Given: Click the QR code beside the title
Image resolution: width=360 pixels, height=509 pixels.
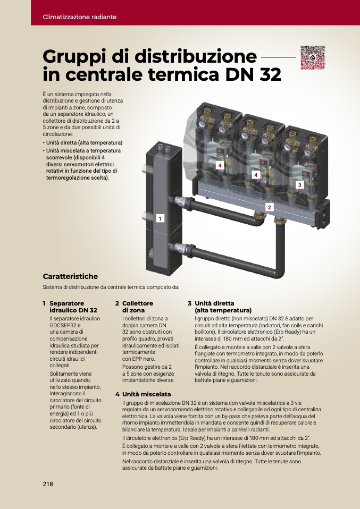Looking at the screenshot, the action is coord(313,57).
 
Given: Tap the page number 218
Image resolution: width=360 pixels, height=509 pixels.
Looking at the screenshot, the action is coord(48,484).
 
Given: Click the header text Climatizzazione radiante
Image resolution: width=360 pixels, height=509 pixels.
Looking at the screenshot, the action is coord(80,17).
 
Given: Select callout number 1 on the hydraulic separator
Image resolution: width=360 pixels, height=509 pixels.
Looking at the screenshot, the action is coord(160,218).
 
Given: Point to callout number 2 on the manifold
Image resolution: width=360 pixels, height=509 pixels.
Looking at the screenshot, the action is coord(269,207).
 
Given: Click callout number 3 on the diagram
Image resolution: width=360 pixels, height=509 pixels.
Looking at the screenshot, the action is coord(299,185).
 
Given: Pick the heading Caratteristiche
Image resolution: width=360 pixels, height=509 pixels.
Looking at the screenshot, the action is coord(70,276).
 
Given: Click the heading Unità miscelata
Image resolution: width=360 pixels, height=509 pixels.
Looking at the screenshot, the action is coord(147,394).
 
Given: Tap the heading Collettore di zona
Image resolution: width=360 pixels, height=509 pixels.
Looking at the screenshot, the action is coord(138,307).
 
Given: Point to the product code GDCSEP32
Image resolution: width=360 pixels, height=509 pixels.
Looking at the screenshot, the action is coord(65,325).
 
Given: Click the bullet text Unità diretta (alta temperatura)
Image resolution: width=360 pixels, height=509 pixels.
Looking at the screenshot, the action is coord(84,142).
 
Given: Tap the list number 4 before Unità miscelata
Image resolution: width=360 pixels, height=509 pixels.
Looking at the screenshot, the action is coord(118,394).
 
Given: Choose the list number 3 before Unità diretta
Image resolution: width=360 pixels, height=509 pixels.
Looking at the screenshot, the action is coord(189,303).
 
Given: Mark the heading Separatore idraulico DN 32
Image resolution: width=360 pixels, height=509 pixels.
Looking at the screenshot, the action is coord(73,307).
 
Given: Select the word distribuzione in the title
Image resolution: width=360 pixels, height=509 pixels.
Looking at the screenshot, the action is coord(196,56).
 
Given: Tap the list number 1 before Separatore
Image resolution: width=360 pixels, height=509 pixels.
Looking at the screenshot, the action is coord(44,303).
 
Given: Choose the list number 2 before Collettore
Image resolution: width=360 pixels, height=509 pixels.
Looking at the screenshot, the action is coord(117,303).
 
